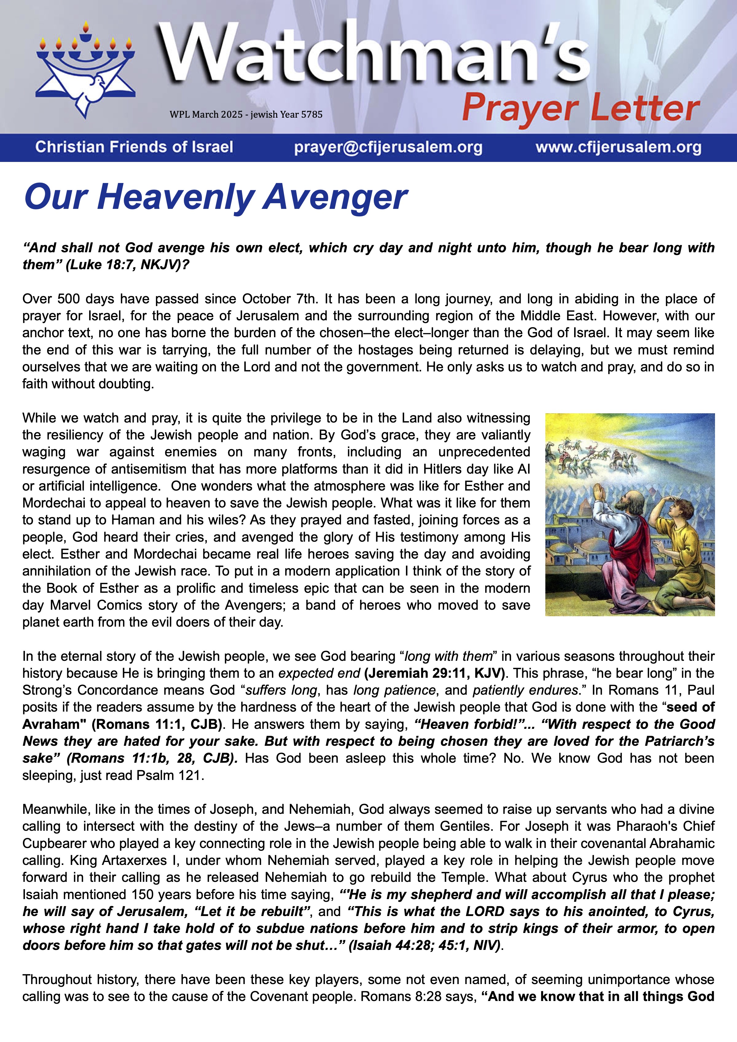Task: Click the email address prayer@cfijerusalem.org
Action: click(x=388, y=147)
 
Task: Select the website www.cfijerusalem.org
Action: click(x=618, y=147)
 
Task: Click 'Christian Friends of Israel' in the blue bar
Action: click(x=134, y=147)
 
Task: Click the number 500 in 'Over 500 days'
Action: click(x=68, y=299)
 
